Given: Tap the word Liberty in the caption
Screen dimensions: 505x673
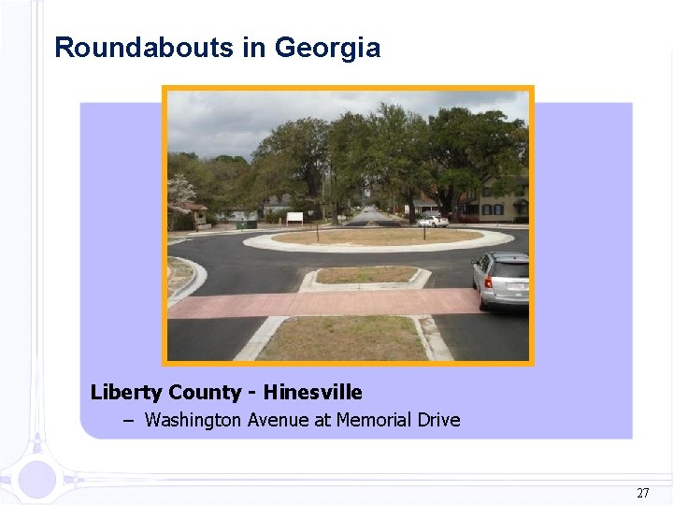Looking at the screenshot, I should tap(125, 393).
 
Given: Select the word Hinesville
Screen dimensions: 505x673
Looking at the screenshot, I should tap(313, 392).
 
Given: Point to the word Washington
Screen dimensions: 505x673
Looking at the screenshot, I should tap(193, 420).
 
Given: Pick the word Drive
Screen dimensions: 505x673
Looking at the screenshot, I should tap(437, 420).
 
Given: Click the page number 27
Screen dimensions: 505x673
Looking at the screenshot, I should tap(642, 493).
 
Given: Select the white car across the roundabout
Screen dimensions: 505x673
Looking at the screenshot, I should tap(432, 221).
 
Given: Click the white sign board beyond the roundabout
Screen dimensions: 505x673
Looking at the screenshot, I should tap(294, 218).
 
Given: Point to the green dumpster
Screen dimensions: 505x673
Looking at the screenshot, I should tap(246, 224).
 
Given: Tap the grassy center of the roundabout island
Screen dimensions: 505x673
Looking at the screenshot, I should tap(374, 238).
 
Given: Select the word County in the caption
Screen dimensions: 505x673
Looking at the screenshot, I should tap(208, 393).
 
